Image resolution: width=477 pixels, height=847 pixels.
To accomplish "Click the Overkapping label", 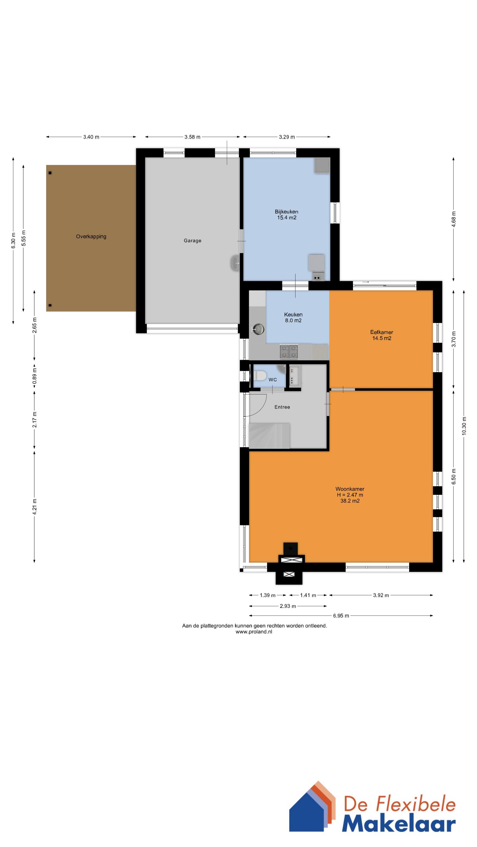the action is (91, 236).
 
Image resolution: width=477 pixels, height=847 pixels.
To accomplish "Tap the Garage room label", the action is (192, 241).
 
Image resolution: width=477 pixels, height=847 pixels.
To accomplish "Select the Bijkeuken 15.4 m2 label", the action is (287, 214).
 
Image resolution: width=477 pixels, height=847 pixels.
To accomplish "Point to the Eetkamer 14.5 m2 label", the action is (381, 335).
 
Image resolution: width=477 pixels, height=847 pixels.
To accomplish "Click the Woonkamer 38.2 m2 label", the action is (350, 495).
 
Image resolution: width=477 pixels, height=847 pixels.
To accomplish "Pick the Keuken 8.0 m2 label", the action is (293, 317).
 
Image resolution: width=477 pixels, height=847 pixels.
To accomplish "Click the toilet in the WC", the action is (260, 375).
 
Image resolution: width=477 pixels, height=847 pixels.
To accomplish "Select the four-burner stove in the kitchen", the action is (289, 351).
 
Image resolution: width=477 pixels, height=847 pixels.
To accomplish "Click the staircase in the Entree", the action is (270, 436).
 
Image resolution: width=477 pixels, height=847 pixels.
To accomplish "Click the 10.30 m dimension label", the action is (464, 426).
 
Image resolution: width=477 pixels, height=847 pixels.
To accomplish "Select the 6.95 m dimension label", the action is (341, 615).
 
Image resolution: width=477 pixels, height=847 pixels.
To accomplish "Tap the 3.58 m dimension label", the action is (192, 137).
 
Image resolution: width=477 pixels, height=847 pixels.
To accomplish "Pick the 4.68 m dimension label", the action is (454, 219).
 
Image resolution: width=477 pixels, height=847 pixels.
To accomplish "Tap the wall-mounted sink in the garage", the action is (235, 263).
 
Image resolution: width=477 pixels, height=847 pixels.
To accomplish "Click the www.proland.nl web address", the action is (254, 632).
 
